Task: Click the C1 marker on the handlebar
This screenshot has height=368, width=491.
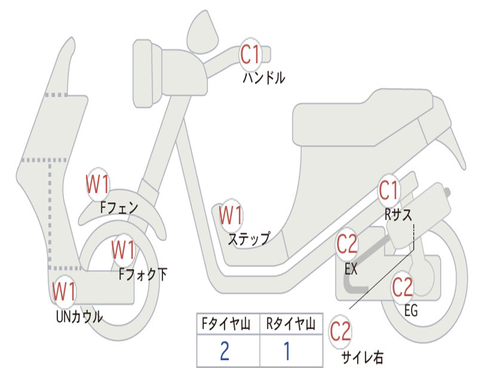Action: (250, 54)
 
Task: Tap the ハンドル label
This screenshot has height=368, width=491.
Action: (263, 78)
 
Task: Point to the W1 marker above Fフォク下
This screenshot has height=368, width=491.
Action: (123, 250)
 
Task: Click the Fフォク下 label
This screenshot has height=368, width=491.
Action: (143, 274)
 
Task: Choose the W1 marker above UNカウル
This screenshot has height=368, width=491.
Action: (64, 292)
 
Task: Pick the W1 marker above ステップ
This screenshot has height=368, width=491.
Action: (231, 216)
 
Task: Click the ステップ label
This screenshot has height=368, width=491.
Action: (248, 238)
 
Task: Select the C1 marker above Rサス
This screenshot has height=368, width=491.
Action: (389, 191)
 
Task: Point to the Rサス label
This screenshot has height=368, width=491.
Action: (398, 215)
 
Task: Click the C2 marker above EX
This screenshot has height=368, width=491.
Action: (347, 245)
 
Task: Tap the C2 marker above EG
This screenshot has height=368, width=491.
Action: (402, 287)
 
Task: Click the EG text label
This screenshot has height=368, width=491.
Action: (411, 311)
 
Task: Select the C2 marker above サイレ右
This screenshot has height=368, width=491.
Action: (340, 332)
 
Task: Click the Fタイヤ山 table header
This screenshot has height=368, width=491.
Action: (227, 325)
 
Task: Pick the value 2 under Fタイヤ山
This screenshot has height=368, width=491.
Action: (224, 351)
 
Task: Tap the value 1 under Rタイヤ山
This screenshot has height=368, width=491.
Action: (286, 351)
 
